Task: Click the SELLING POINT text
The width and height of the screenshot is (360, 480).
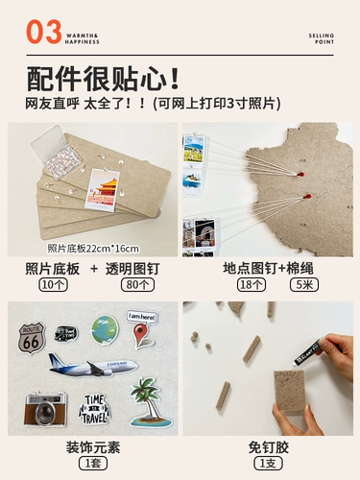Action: pos(322,38)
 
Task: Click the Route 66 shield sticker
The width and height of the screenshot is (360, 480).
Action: pos(31,337)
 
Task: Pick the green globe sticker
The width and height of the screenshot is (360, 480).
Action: pos(104,328)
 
